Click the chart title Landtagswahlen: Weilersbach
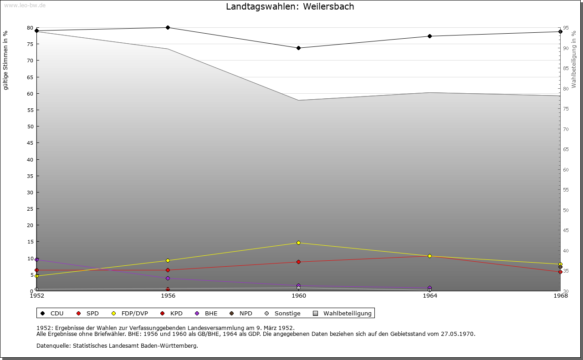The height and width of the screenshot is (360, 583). [290, 7]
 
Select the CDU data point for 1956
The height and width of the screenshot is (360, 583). [168, 28]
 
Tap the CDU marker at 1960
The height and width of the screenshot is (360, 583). [298, 48]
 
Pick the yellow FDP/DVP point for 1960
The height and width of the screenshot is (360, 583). [298, 243]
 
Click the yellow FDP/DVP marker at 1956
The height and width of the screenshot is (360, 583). [168, 261]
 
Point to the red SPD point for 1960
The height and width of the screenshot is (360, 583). [298, 262]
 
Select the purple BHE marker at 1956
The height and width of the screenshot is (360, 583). [168, 279]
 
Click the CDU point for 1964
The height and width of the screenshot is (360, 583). [430, 36]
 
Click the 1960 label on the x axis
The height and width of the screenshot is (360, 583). [299, 296]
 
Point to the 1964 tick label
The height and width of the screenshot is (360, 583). [430, 296]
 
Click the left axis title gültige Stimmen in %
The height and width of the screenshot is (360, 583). [6, 61]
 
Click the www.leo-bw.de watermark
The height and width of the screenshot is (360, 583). [25, 5]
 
